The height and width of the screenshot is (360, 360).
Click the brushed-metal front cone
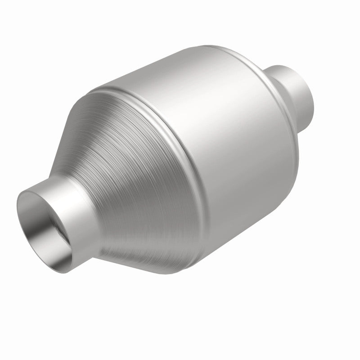pos(130,180)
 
